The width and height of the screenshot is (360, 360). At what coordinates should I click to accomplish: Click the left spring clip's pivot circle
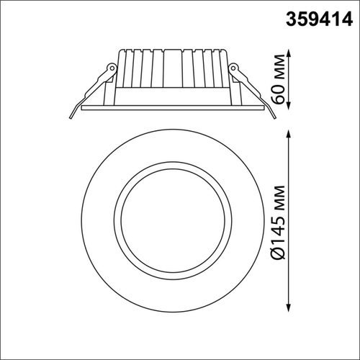pyautogui.click(x=111, y=68)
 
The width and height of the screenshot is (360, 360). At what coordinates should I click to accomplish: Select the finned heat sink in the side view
pyautogui.click(x=172, y=68)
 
